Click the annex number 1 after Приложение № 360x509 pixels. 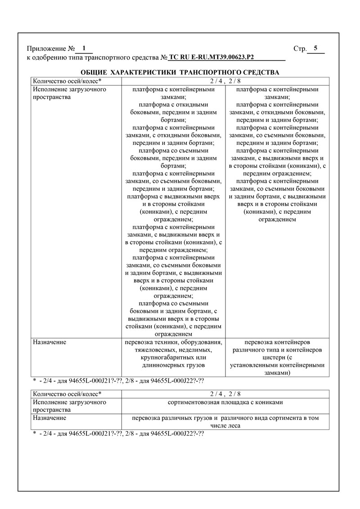(84, 48)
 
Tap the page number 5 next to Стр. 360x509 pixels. (315, 48)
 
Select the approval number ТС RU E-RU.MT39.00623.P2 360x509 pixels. (211, 58)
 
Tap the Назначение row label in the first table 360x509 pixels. (49, 342)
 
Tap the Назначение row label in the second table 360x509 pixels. (49, 418)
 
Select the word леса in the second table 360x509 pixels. (234, 426)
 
